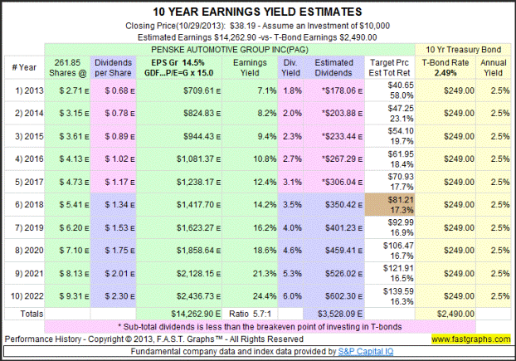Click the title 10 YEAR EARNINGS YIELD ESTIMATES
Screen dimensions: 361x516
[x=258, y=12]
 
